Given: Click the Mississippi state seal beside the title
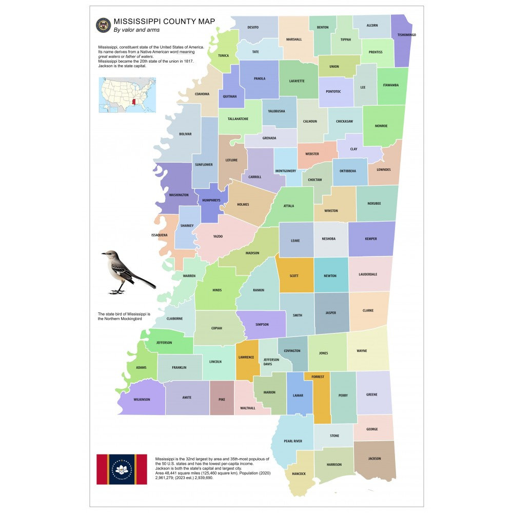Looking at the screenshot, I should (103, 25).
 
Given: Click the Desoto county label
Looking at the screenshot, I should (253, 27).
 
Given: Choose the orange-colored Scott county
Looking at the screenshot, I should (294, 275).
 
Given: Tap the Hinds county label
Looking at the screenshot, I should (217, 290).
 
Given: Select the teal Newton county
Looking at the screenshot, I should (330, 275).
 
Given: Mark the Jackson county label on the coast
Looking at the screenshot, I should (374, 459).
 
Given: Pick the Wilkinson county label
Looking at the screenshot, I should (142, 399).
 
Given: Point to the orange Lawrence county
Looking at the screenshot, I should (246, 358).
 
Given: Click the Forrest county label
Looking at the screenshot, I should (318, 377).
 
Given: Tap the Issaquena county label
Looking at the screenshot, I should (159, 235).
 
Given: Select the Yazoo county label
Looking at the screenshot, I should (218, 236).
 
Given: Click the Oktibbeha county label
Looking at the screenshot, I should (348, 171).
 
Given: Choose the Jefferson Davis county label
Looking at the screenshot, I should (271, 362).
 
